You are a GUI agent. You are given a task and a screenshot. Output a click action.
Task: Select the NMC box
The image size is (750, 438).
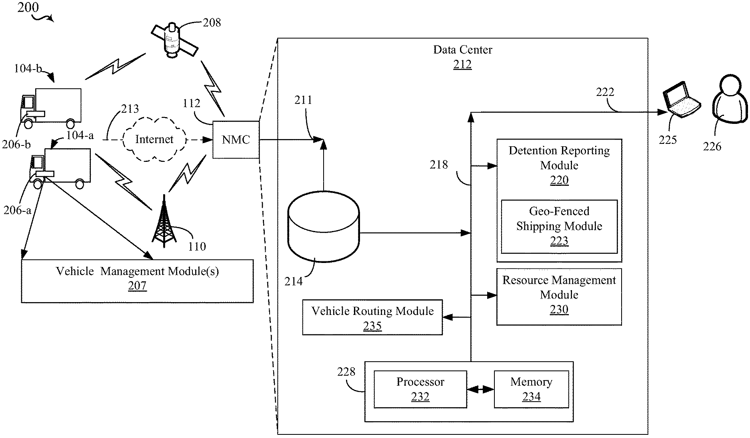(236, 139)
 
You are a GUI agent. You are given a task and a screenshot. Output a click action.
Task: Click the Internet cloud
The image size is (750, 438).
(154, 139)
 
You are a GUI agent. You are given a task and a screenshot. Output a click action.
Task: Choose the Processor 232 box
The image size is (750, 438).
(420, 389)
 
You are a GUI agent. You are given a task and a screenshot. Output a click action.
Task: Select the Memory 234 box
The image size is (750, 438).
(531, 389)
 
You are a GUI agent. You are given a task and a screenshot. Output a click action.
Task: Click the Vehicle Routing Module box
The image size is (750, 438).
(372, 317)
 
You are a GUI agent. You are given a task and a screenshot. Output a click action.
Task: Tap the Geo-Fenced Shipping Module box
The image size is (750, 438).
(559, 226)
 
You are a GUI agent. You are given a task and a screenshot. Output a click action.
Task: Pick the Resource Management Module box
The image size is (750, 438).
(559, 296)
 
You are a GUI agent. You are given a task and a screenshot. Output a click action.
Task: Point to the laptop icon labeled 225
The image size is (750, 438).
(682, 100)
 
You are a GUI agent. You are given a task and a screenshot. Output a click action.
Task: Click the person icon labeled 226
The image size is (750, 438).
(730, 100)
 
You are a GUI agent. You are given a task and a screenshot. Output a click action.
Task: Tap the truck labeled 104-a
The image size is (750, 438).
(60, 168)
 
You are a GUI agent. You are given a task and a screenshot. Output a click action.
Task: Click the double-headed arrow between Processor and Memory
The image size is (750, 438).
(480, 389)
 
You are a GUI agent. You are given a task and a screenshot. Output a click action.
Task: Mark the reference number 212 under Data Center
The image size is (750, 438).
(462, 65)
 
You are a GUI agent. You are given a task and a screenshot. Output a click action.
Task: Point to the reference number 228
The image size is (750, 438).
(346, 372)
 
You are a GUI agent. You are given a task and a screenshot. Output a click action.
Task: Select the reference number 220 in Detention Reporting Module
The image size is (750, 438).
(559, 180)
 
